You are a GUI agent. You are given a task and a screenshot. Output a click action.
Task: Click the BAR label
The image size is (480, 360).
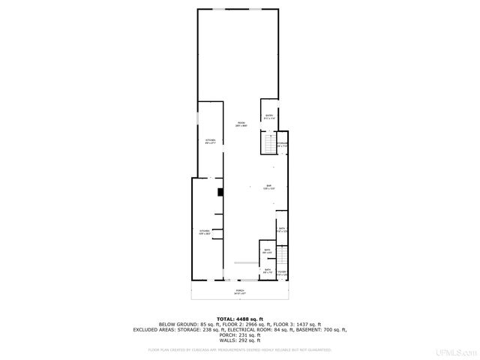(x=268, y=187)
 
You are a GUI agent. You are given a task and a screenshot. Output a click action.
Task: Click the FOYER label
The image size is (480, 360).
(x=282, y=273)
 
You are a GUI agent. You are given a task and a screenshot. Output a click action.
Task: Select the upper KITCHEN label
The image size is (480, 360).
(x=211, y=141)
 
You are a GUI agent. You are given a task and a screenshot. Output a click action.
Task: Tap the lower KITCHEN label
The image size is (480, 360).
(x=204, y=232)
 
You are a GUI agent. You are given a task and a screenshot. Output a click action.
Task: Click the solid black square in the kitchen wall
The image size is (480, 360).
(x=220, y=192)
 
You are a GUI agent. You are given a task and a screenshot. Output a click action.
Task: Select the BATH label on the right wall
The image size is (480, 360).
(x=282, y=229)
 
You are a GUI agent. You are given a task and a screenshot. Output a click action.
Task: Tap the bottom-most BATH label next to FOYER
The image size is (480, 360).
(x=267, y=271)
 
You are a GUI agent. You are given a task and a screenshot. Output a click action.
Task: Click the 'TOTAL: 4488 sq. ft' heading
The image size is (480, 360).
(x=240, y=318)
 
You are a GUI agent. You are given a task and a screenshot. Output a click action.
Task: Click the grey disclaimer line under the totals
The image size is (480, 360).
(x=240, y=349)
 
